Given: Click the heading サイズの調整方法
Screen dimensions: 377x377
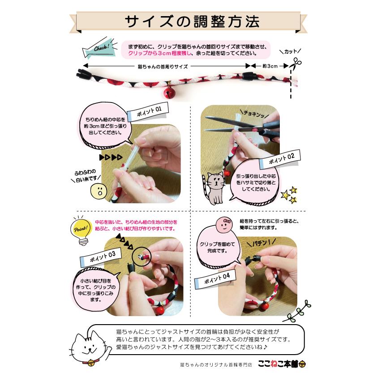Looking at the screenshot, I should (x=188, y=21).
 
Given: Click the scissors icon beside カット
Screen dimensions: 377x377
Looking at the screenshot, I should (x=295, y=63).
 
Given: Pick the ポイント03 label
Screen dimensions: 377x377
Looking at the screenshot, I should (x=100, y=257).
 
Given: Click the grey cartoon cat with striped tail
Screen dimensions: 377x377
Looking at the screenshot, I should (x=214, y=186).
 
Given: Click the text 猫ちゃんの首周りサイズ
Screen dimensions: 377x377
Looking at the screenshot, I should (x=163, y=66).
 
